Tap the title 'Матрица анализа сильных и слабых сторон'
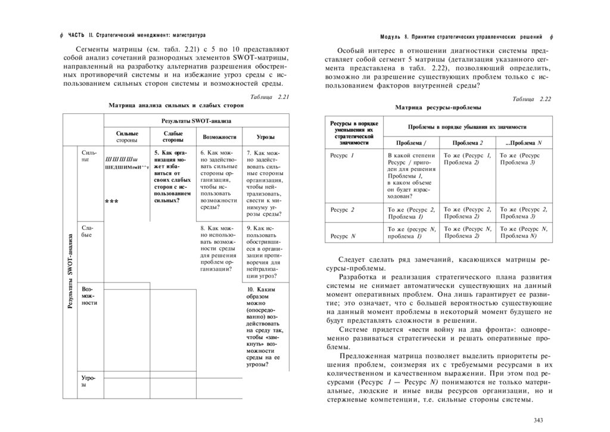pos(176,105)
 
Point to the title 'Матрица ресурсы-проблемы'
pos(438,107)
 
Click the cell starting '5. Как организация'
pos(172,176)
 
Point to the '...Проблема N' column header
pos(523,143)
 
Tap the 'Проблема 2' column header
pos(467,143)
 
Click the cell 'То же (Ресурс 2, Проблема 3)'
pos(523,212)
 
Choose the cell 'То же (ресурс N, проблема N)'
pos(523,232)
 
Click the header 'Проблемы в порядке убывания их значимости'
pos(467,128)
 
